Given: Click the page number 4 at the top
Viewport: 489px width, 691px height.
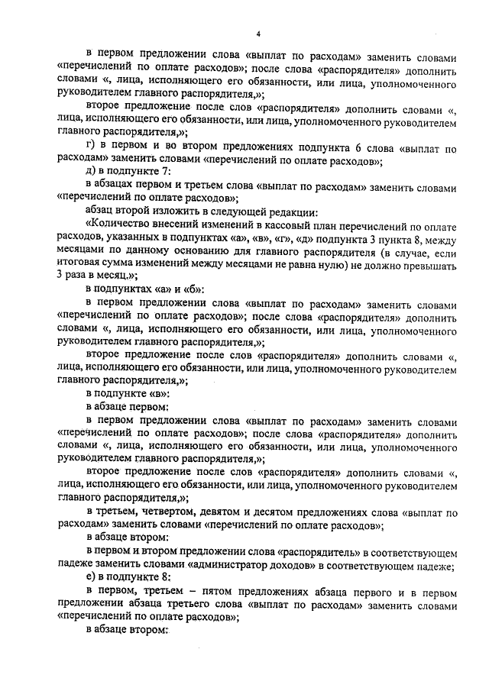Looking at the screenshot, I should pos(258,34).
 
